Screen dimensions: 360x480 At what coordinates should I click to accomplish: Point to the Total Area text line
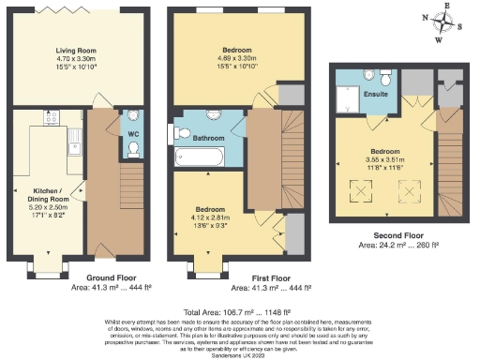pos(238,310)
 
